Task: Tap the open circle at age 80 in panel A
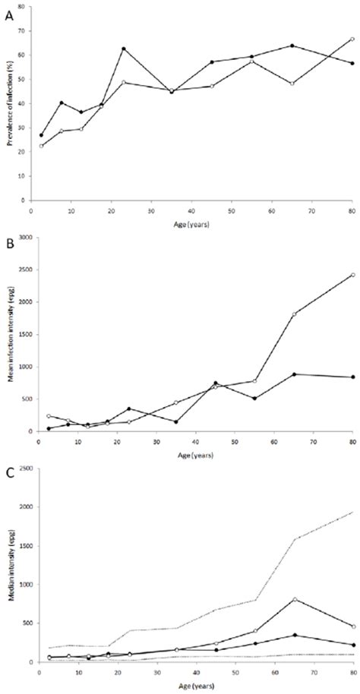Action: point(352,39)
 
